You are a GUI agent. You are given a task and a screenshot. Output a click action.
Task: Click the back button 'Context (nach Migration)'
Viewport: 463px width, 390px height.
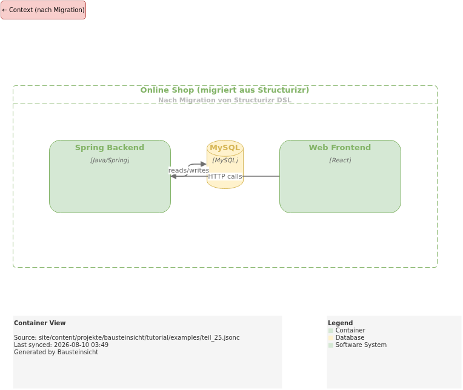(44, 10)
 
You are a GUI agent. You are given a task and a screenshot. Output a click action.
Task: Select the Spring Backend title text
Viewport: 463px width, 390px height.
(110, 148)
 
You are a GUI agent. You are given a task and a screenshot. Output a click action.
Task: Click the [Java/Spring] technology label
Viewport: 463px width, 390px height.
(110, 160)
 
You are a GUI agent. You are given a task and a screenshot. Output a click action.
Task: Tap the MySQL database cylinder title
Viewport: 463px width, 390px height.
(225, 148)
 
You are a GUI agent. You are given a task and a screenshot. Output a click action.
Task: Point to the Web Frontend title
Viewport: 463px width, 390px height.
(340, 148)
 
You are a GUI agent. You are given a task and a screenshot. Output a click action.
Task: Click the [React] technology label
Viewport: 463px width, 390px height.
(340, 160)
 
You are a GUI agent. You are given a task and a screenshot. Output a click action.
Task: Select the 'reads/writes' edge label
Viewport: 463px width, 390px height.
(188, 170)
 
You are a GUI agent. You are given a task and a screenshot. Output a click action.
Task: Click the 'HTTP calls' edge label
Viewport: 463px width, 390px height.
(225, 176)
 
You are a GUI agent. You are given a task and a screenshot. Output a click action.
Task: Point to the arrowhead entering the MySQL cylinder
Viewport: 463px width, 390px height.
(204, 164)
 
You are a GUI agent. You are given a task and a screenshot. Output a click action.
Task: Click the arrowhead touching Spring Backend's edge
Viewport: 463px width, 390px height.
(173, 176)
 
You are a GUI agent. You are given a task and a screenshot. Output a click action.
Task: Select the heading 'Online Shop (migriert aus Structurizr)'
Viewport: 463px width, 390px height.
(225, 90)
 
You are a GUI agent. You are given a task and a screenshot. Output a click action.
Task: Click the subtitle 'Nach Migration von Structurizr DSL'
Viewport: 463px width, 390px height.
(225, 100)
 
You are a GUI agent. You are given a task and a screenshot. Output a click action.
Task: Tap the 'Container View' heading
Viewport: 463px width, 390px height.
(40, 323)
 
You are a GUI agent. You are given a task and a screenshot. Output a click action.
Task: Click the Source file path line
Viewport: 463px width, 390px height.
(127, 337)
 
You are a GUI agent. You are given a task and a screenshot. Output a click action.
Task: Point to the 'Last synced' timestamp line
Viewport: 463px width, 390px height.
(61, 345)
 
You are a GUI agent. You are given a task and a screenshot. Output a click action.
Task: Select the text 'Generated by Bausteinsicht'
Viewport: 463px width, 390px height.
(56, 352)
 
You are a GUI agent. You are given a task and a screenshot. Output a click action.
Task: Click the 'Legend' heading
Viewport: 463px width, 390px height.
(340, 323)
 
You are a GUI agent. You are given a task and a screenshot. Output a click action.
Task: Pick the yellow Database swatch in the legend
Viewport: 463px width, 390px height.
(331, 338)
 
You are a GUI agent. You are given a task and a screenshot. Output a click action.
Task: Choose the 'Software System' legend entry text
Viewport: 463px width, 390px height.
(361, 345)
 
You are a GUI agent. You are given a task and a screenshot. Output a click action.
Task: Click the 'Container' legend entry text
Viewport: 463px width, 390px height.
(350, 331)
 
